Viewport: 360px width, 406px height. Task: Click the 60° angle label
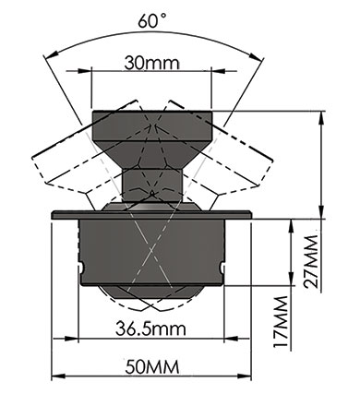tap(152, 21)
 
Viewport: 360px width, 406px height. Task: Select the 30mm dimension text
tap(151, 63)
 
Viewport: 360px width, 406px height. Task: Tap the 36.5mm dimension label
tap(150, 328)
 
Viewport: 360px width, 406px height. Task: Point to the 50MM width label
tap(152, 366)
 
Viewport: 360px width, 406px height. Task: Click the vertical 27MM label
tap(310, 261)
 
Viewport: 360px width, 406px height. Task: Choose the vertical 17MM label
tap(281, 321)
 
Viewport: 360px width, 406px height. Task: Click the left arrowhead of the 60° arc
tap(52, 55)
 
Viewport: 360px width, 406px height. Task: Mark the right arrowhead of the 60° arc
tap(257, 56)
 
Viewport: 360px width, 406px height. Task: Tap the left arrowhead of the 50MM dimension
tap(58, 376)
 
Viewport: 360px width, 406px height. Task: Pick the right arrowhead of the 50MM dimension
tap(245, 376)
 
